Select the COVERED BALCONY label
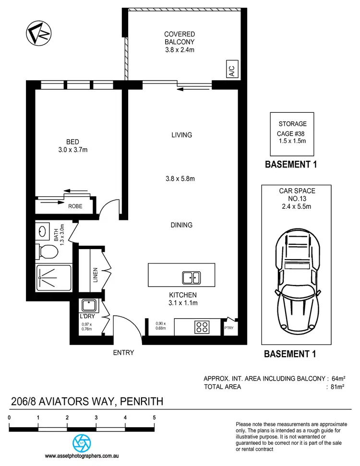pos(180,42)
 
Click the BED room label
pos(73,145)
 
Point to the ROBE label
pos(75,206)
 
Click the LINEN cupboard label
pos(96,275)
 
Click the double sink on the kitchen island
pos(191,277)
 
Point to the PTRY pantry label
pos(229,328)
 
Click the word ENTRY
pos(123,353)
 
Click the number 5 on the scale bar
pos(154,418)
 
